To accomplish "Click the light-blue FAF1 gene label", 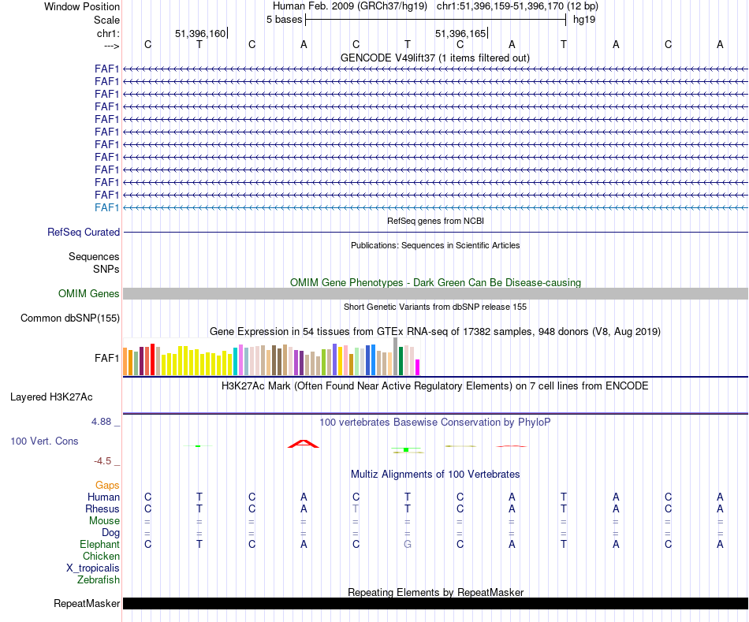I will (106, 207).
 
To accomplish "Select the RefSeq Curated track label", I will (84, 233).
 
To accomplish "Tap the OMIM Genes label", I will (89, 294).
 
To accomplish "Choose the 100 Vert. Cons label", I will (44, 441).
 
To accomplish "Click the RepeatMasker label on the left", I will (87, 604).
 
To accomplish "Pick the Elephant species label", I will (99, 545).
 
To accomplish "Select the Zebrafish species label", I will (99, 580).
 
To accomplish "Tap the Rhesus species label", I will (102, 509).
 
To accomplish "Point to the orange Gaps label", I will (107, 486).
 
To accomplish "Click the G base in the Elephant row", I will (408, 545).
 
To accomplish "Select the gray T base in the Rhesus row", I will (356, 509).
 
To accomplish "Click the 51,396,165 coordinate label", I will (460, 34).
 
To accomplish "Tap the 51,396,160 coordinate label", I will (200, 34).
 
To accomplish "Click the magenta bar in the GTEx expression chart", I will (418, 367).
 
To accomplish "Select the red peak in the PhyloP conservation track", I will (304, 444).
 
